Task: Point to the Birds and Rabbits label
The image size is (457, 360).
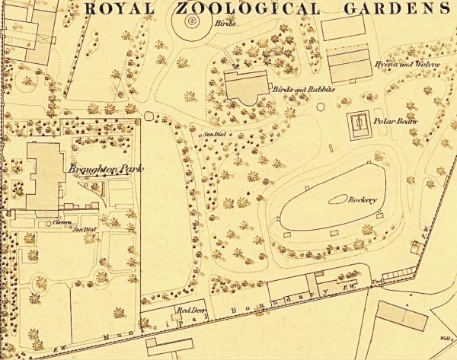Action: point(303,89)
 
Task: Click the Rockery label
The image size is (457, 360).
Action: point(363,200)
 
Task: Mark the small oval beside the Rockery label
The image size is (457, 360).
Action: point(336,200)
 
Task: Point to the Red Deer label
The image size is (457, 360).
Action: point(187,309)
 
